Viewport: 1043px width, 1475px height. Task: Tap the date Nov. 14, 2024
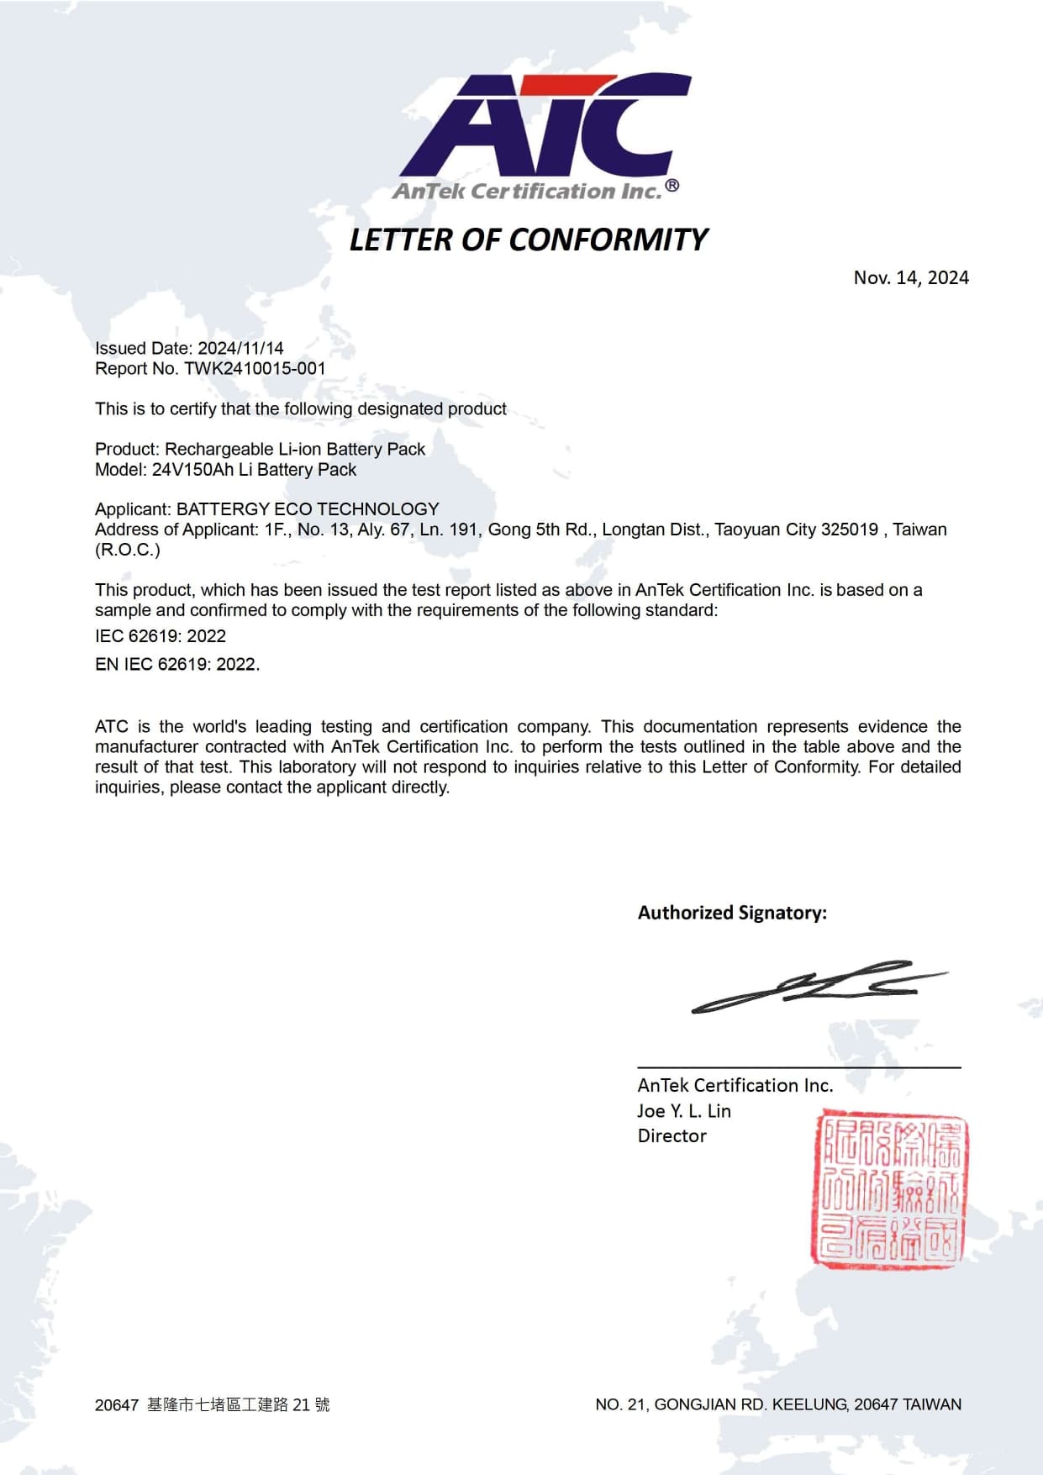tap(911, 278)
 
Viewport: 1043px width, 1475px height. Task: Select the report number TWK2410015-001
tap(255, 368)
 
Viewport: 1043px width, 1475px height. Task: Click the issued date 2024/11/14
tap(240, 348)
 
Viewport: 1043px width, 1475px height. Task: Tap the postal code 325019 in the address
tap(850, 529)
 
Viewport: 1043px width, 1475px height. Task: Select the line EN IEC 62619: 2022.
tap(177, 664)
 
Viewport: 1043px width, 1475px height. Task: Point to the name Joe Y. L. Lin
tap(684, 1111)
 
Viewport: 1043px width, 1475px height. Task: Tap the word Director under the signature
tap(672, 1136)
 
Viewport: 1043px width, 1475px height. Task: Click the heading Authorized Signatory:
tap(732, 913)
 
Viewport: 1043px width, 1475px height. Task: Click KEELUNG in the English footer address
tap(810, 1404)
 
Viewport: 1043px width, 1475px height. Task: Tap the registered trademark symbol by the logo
tap(672, 186)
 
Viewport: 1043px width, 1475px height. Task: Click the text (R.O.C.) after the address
tap(128, 550)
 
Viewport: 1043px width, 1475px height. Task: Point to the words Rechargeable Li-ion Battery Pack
tap(295, 450)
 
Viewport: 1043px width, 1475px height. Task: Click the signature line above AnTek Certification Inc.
tap(798, 1067)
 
